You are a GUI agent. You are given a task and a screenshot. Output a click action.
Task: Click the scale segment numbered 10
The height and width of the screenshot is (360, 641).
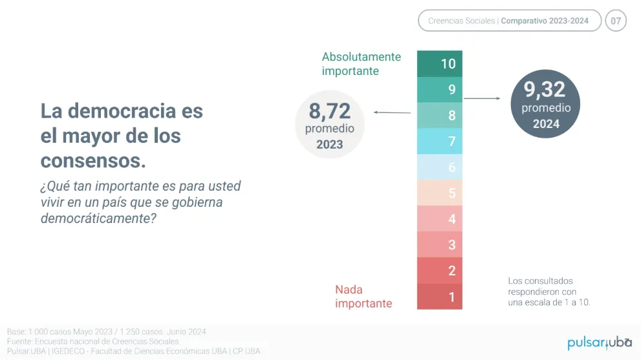pos(440,64)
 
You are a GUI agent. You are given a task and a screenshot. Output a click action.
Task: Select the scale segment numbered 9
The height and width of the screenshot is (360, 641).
pos(440,90)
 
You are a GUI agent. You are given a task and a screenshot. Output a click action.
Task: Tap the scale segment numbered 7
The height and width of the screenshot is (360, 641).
pos(440,142)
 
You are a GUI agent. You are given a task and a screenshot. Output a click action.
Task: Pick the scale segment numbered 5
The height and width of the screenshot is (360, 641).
pos(440,193)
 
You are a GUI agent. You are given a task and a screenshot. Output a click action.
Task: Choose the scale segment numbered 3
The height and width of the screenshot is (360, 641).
pos(440,245)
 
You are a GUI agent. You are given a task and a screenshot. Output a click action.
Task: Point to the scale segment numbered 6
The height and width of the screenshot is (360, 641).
pos(440,167)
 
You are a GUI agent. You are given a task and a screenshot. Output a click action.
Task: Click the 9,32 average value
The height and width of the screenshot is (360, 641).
pos(545,89)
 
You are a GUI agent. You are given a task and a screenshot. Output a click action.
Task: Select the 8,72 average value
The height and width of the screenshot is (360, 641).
pos(329,111)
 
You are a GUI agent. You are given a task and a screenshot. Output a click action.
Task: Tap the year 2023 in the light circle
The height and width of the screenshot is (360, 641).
pos(329,145)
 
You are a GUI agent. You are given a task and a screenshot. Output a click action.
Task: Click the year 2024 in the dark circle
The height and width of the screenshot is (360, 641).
pos(546,124)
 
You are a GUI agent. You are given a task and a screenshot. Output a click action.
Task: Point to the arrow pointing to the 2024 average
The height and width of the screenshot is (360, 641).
pos(482,98)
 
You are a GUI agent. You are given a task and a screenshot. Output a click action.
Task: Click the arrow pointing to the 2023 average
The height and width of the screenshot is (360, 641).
pos(393,112)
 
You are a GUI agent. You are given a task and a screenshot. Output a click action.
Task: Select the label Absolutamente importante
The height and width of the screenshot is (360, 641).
pos(361,64)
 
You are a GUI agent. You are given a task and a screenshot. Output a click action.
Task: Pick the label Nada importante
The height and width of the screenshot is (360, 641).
pos(364,297)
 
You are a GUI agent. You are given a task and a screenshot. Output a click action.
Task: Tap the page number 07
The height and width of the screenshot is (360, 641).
pos(616,21)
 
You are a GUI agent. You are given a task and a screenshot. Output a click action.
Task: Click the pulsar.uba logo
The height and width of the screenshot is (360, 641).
pos(599,342)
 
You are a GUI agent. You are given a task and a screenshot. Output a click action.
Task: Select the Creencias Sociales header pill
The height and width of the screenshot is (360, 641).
pos(509,21)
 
